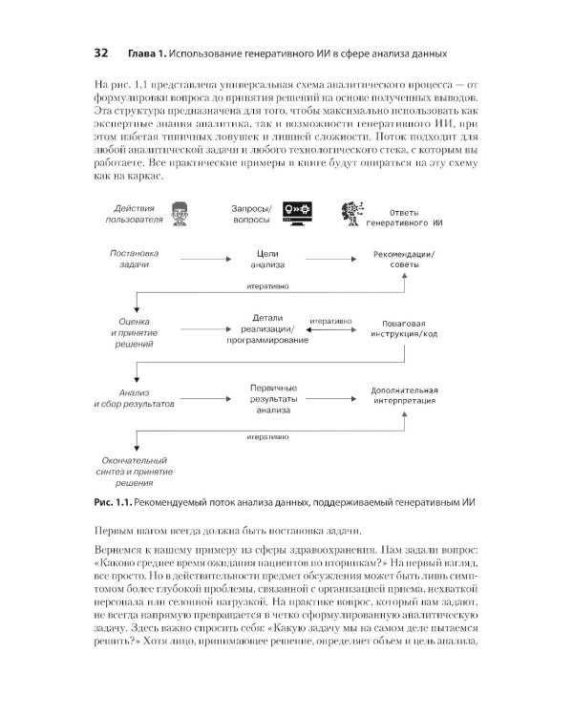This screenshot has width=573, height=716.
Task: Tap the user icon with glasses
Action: tap(179, 213)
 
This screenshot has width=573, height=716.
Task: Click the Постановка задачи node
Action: tap(135, 260)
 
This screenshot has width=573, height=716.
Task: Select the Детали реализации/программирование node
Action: tap(267, 327)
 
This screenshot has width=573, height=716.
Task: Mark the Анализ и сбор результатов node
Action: tap(134, 398)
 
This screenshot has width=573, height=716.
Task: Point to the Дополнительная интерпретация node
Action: tap(404, 396)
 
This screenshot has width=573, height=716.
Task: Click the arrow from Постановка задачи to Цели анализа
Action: tap(196, 259)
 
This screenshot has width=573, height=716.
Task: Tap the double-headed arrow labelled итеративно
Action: tap(330, 329)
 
